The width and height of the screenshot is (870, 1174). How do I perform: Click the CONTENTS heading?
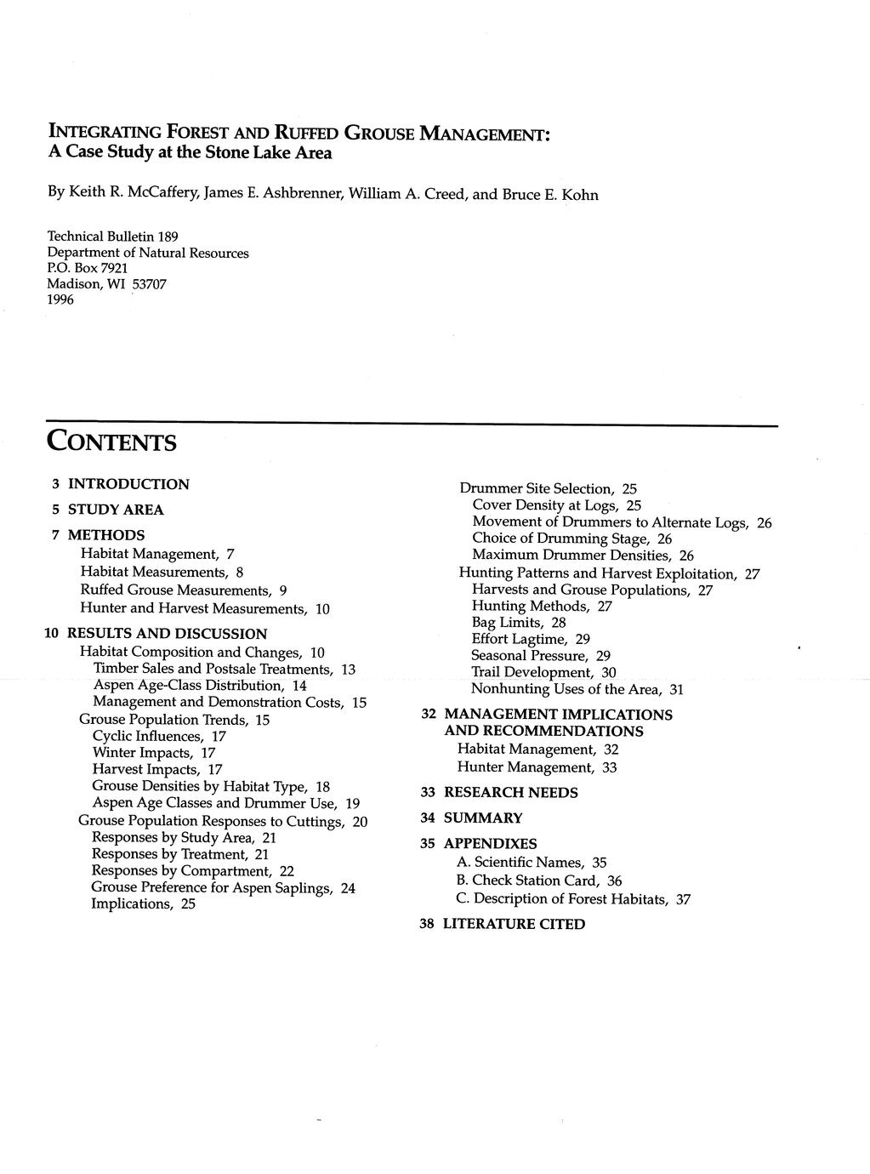click(111, 442)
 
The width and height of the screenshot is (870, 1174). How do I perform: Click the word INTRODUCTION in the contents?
click(128, 484)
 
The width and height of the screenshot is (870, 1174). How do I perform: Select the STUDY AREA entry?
click(116, 510)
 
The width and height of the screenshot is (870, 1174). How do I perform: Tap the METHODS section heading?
click(106, 535)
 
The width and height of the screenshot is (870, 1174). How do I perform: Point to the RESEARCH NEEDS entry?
click(510, 793)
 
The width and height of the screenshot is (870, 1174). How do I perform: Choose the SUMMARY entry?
click(483, 818)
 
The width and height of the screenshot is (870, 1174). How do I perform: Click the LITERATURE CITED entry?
click(514, 924)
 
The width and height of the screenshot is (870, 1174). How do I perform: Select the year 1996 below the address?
click(60, 299)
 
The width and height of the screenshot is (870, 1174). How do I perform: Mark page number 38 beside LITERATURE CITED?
click(428, 924)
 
